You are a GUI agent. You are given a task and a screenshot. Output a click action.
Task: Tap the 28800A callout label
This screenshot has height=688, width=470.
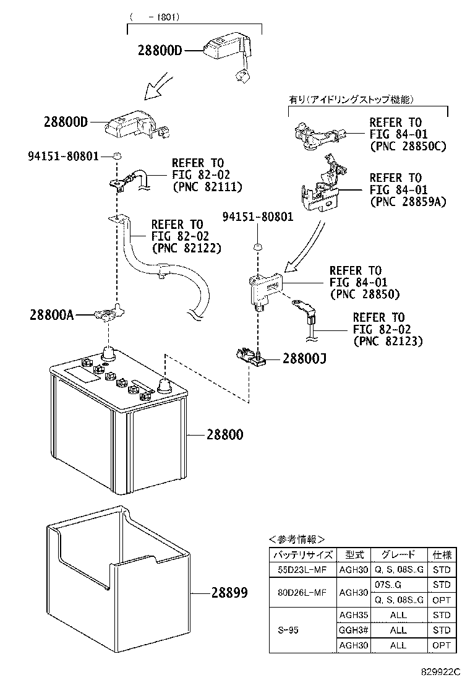[51, 315]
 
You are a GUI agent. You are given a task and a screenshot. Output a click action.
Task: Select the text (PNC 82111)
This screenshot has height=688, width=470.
[207, 186]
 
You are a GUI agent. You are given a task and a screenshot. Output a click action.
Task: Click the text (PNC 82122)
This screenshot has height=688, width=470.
[186, 247]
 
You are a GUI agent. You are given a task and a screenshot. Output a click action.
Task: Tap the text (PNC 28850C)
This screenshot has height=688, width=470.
[408, 146]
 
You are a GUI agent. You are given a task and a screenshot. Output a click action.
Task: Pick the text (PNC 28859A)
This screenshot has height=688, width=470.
[408, 201]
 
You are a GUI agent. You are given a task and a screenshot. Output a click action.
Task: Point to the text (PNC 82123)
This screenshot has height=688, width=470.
[388, 340]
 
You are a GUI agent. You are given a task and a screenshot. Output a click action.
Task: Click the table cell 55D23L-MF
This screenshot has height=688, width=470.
[303, 570]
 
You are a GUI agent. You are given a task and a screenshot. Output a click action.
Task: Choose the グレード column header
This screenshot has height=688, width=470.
[398, 554]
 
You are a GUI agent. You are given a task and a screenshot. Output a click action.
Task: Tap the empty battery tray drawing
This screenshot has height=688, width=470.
[117, 575]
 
